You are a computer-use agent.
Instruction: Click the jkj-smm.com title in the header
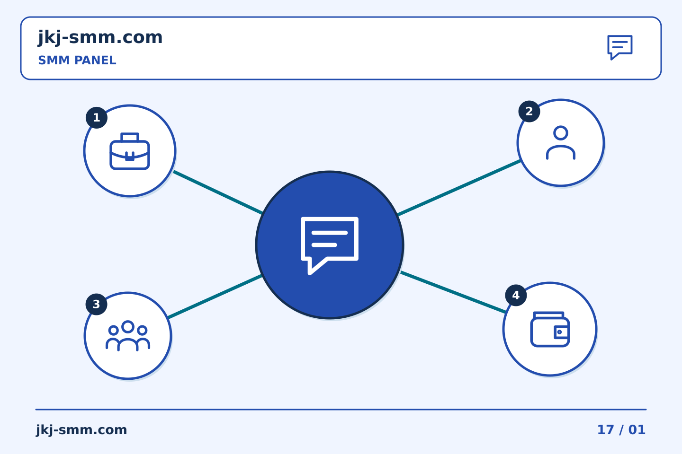coord(100,38)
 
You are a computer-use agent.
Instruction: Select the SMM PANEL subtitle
coord(77,60)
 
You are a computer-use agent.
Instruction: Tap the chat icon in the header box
coord(620,47)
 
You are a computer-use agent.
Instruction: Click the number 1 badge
coord(97,118)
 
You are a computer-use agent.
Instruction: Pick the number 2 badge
coord(529,111)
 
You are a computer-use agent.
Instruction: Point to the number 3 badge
coord(97,304)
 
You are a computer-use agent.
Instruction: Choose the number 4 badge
coord(516,295)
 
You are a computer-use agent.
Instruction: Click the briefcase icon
coord(130,151)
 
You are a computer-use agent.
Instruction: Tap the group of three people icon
coord(128,336)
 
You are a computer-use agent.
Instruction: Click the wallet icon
coord(550,329)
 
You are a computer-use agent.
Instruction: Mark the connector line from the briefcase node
coord(218,192)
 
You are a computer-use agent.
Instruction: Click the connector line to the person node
coord(459,188)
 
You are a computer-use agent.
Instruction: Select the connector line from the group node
coord(215,297)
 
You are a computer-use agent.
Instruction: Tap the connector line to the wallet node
coord(453,292)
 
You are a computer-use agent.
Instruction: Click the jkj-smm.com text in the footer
coord(81,430)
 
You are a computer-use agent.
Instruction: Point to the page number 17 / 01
coord(621,430)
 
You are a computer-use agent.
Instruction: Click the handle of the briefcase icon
coord(130,137)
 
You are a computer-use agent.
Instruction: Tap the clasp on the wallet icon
coord(561,332)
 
